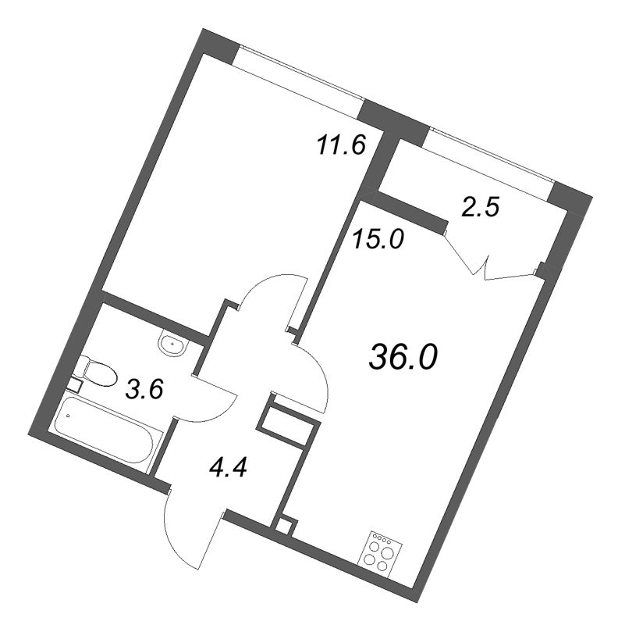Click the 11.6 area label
tap(341, 145)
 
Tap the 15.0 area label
tap(378, 240)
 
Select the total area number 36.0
tap(403, 356)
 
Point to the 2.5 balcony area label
tap(480, 207)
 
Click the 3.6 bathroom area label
tap(144, 389)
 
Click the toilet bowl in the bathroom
tap(97, 371)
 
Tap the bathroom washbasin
tap(172, 343)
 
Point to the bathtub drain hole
tap(68, 416)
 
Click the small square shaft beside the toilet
tap(75, 385)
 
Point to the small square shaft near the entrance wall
tap(284, 526)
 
